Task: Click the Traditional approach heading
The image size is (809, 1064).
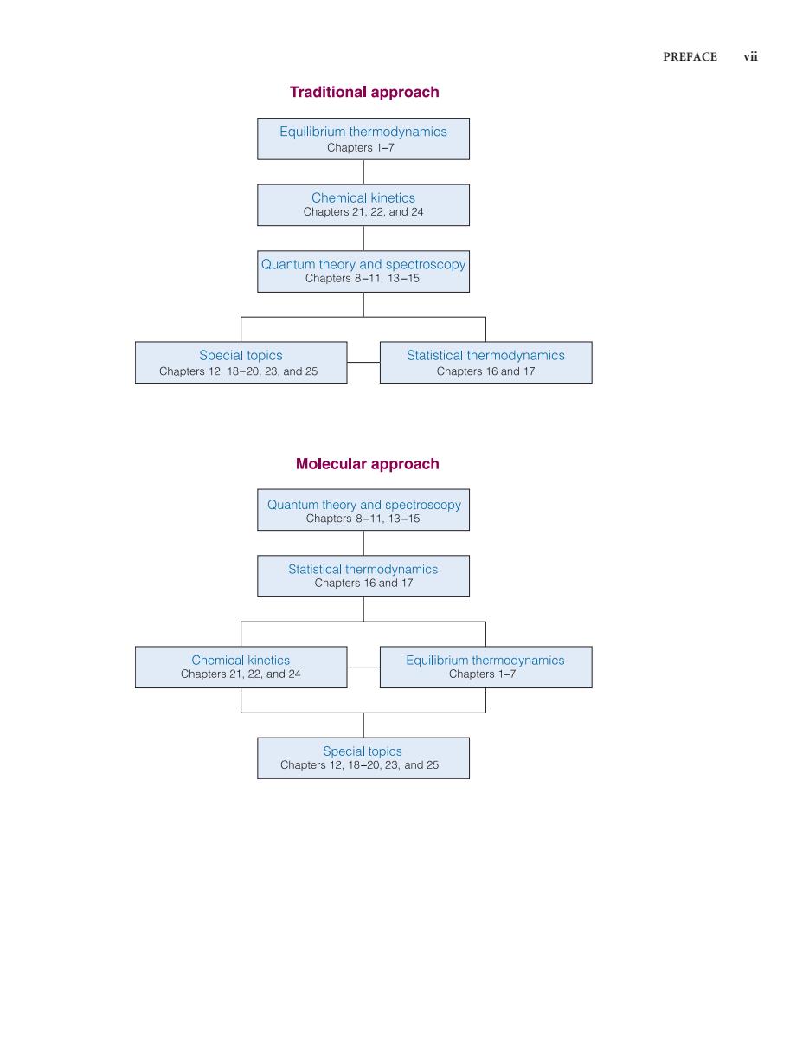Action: click(363, 92)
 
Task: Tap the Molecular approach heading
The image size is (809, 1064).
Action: click(367, 464)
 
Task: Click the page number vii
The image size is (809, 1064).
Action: click(750, 56)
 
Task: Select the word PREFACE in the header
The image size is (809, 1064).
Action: click(690, 57)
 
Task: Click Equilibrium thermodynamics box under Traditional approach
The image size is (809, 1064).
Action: click(363, 139)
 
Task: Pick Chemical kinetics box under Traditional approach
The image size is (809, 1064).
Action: click(363, 204)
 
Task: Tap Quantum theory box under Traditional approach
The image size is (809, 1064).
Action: click(363, 271)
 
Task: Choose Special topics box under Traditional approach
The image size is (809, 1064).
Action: click(241, 362)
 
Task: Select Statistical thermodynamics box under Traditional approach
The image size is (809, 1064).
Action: click(486, 362)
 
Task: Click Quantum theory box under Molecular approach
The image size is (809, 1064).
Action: click(363, 509)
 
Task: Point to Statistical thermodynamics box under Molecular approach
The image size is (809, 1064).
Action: click(363, 576)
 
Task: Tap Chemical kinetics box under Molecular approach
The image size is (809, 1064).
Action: click(241, 667)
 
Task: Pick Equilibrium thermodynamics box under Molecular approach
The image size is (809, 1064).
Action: click(486, 667)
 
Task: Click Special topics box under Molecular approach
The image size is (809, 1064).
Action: click(363, 758)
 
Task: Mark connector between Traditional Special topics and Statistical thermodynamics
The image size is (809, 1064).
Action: click(363, 362)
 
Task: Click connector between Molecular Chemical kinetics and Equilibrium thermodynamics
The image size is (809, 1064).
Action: click(363, 667)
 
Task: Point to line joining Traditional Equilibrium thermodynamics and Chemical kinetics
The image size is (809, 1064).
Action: click(363, 171)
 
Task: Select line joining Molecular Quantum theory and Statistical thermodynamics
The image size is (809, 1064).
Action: click(363, 543)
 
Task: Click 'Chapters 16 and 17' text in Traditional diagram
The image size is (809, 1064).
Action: click(486, 371)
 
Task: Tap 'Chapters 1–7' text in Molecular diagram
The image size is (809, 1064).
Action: click(482, 674)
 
